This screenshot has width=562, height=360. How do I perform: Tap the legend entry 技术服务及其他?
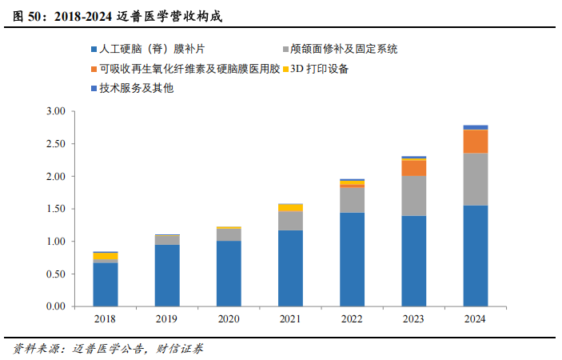(136, 88)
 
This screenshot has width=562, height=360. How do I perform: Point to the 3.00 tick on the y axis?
(54, 111)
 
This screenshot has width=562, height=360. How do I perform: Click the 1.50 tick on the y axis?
(54, 209)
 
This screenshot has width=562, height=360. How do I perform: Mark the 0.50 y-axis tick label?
(54, 274)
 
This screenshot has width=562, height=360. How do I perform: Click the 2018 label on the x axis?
(106, 319)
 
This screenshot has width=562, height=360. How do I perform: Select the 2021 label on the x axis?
(290, 319)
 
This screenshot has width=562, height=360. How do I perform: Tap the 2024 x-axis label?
(475, 319)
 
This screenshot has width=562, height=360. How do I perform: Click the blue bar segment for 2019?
(167, 275)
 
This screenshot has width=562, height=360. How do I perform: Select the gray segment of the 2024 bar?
(476, 179)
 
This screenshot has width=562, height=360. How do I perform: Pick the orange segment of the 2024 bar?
(476, 141)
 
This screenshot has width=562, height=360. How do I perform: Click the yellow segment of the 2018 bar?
(106, 256)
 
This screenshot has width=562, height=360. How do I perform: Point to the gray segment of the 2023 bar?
(413, 196)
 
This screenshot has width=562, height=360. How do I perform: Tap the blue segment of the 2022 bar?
(352, 259)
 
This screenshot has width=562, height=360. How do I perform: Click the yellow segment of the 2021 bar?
(290, 207)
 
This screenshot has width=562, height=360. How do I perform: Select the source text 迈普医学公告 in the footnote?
(107, 349)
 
